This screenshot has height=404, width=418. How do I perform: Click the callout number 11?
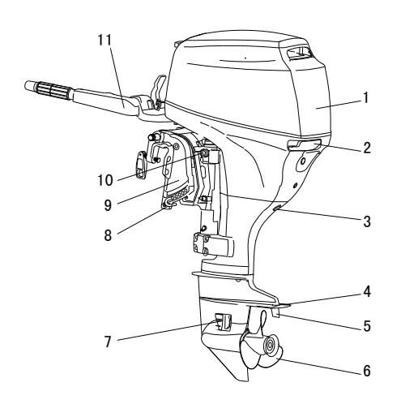104,40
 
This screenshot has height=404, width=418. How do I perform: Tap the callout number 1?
366,97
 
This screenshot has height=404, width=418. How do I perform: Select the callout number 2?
367,148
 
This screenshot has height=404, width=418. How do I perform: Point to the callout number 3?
367,221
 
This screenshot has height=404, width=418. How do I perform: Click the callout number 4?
367,292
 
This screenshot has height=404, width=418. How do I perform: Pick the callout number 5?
367,326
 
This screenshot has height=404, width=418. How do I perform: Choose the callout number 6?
367,371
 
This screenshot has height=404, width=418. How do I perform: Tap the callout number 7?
108,342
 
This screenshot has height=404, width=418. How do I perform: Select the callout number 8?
108,235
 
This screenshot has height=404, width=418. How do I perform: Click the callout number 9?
108,205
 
